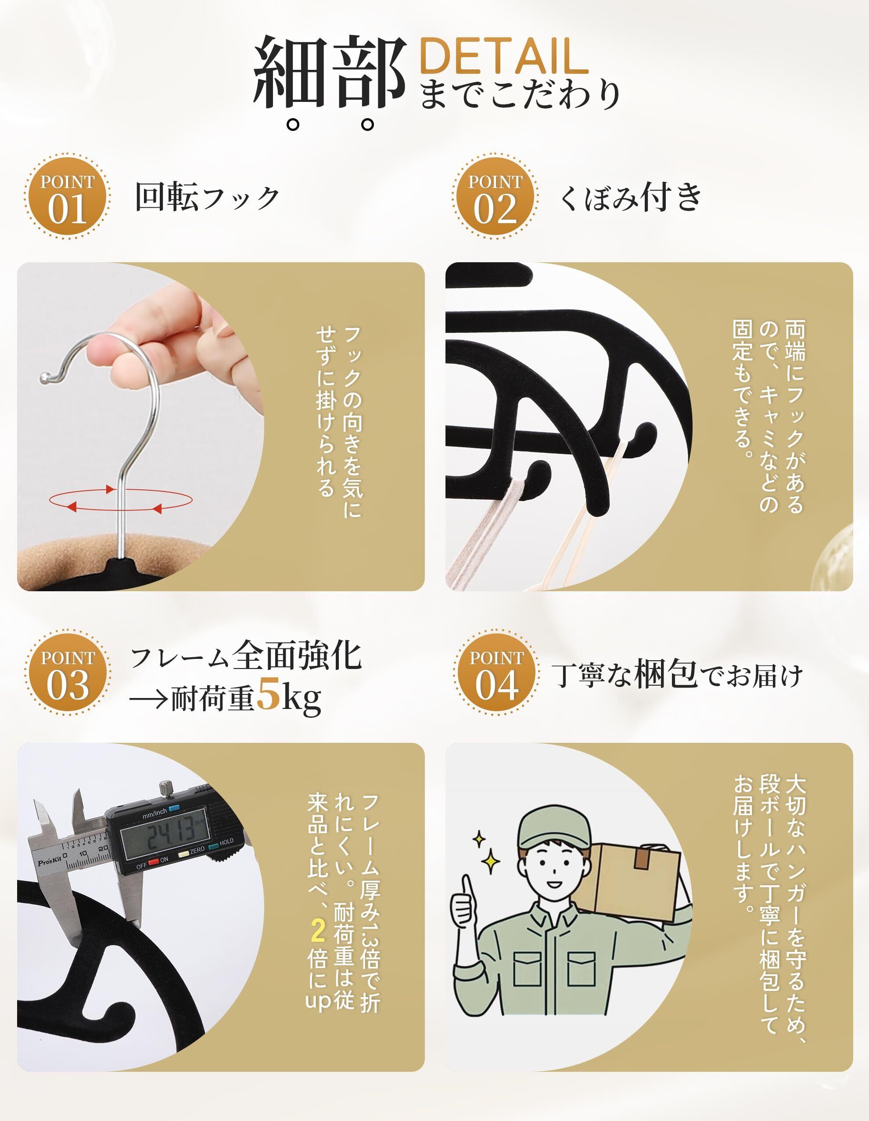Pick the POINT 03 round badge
67,673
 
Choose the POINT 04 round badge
496,673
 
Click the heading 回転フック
207,197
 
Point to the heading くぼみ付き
630,197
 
